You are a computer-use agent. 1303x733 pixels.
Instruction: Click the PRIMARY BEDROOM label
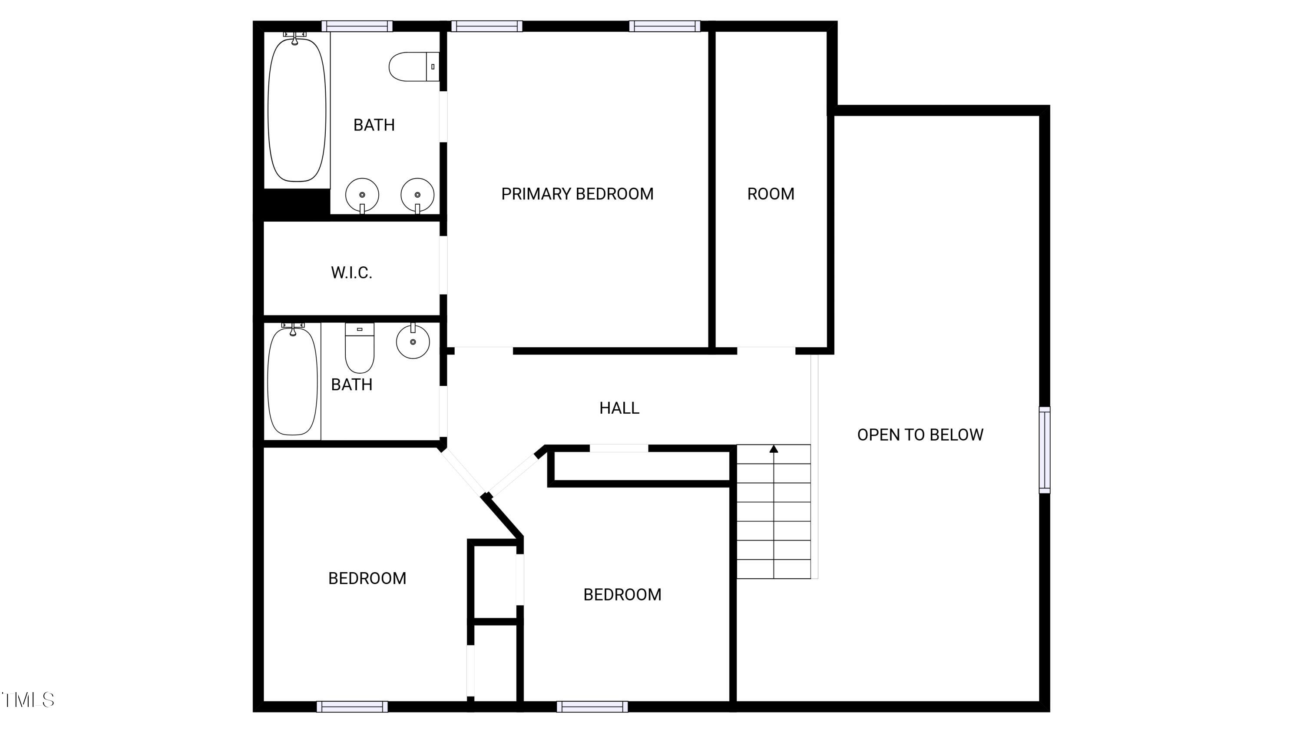point(577,194)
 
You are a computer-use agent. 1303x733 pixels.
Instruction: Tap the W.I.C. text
point(351,273)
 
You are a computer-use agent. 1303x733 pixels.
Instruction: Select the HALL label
point(619,408)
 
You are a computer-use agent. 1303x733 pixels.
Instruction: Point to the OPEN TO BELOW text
point(920,434)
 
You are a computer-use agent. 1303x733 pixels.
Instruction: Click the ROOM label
point(771,194)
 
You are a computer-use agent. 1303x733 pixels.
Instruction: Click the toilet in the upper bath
point(413,67)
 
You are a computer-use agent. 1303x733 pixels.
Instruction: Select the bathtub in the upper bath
point(296,109)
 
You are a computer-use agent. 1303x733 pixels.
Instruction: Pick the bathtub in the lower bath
point(292,381)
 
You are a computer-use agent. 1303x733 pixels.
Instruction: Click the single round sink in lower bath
point(413,342)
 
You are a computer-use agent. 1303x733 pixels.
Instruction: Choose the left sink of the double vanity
point(362,195)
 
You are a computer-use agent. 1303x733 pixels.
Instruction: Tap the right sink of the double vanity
point(417,195)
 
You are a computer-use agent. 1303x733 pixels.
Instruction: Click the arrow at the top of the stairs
point(774,449)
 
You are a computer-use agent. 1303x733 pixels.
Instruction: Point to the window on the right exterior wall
point(1044,450)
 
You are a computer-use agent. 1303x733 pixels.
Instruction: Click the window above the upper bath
point(357,27)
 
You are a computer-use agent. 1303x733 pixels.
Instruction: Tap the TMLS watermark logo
point(28,700)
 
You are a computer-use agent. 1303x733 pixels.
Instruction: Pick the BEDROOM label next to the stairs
point(622,594)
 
